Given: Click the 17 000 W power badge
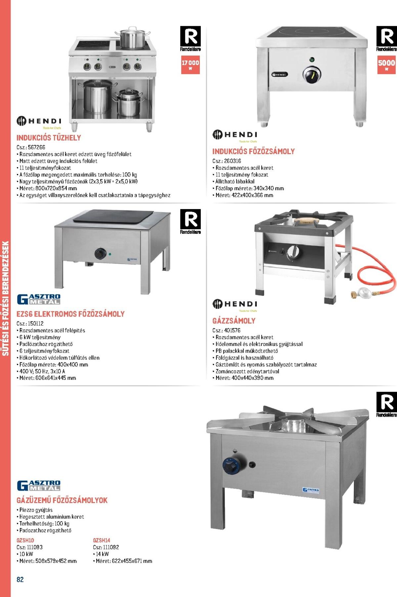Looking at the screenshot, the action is click(x=190, y=64).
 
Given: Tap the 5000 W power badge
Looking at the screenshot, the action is click(x=386, y=64).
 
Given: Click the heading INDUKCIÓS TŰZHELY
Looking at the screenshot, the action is click(x=49, y=138).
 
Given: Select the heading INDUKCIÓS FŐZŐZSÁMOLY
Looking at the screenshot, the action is click(x=253, y=151).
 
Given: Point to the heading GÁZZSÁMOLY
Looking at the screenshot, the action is click(x=234, y=320).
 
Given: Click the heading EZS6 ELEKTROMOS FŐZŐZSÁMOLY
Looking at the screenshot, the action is click(x=70, y=314).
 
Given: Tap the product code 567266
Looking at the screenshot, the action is click(x=36, y=148).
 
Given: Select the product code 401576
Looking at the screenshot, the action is click(x=232, y=330).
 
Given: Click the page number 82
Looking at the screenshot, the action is click(x=20, y=579).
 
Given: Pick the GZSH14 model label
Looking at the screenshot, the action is click(x=102, y=540).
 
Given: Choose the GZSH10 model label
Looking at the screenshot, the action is click(x=25, y=540).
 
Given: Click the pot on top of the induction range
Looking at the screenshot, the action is click(x=132, y=37).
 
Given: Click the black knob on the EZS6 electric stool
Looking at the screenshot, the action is click(x=100, y=254).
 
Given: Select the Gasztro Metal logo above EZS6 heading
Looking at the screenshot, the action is click(x=39, y=299).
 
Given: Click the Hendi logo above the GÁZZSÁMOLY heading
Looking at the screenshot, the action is click(x=235, y=305).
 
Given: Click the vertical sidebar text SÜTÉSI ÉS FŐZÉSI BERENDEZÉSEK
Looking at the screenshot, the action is click(x=5, y=298).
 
